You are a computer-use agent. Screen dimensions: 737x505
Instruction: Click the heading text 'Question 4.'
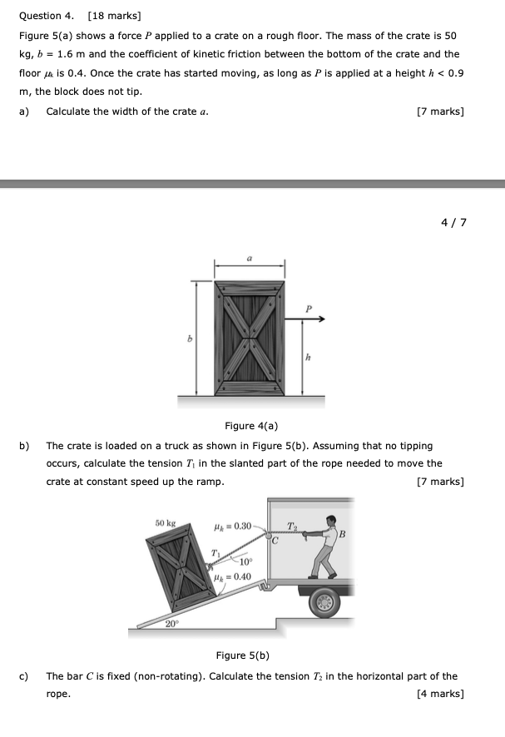click(42, 16)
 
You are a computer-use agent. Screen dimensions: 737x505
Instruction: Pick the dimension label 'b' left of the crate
click(189, 339)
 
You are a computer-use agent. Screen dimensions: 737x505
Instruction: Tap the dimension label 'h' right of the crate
click(308, 358)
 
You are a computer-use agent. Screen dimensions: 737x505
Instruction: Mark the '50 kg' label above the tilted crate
click(166, 522)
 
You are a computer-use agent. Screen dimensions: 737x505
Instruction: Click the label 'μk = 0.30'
click(232, 526)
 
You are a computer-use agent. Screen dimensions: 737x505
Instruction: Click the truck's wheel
click(324, 601)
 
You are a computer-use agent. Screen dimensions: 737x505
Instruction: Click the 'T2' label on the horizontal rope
click(290, 525)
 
